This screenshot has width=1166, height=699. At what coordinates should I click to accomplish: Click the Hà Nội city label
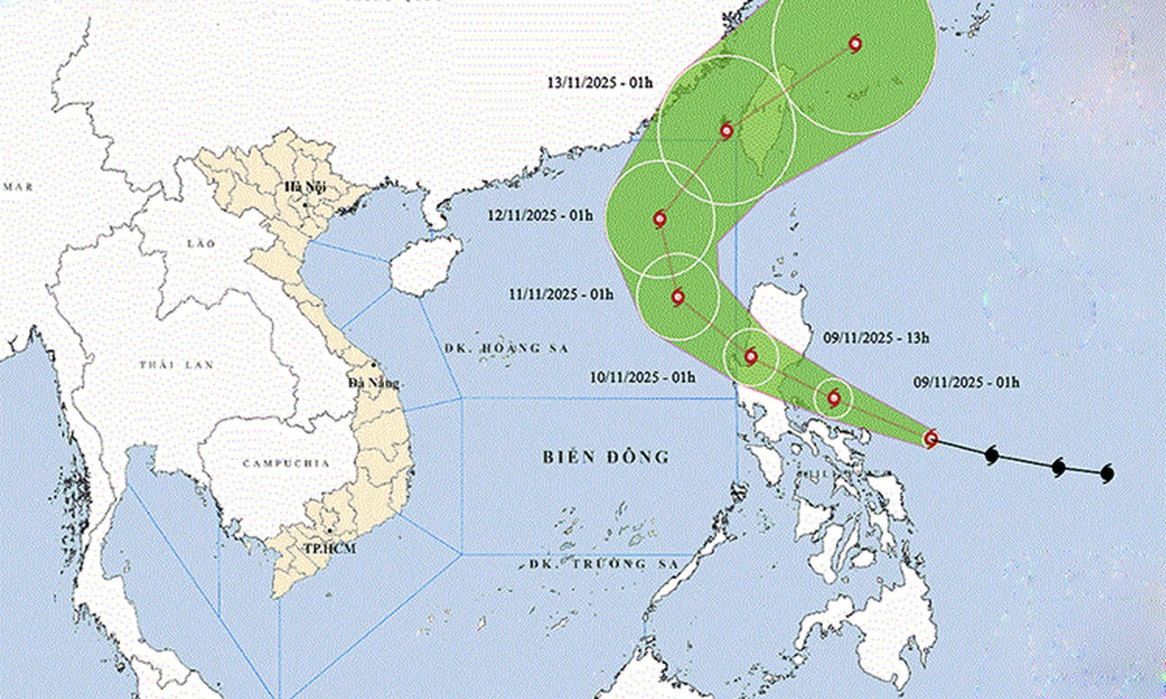[x=305, y=187]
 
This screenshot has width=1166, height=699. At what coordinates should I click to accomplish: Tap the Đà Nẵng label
[x=373, y=383]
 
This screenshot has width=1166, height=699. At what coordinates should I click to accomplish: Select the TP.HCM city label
[x=330, y=548]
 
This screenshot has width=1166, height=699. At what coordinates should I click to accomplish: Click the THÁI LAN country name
[x=177, y=364]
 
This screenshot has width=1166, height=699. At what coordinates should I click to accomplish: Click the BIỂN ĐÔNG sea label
[x=606, y=457]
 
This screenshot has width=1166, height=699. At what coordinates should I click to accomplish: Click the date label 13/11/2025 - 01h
[x=600, y=82]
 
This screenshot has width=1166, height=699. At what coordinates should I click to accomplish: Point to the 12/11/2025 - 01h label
[x=540, y=216]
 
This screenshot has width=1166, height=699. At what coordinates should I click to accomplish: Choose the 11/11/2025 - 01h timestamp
[x=561, y=294]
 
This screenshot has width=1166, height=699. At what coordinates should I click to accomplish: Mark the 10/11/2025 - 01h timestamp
[x=643, y=377]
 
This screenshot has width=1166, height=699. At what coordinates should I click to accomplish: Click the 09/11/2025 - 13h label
[x=877, y=338]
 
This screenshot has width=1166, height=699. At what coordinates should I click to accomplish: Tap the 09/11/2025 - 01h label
[x=966, y=382]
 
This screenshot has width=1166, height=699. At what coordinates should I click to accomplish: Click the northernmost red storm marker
[x=856, y=44]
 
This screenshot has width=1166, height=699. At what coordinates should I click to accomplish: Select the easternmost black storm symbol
[x=1108, y=473]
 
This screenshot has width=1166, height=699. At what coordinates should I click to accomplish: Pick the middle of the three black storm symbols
[x=1059, y=467]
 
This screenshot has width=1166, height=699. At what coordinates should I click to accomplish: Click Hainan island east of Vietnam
[x=425, y=266]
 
